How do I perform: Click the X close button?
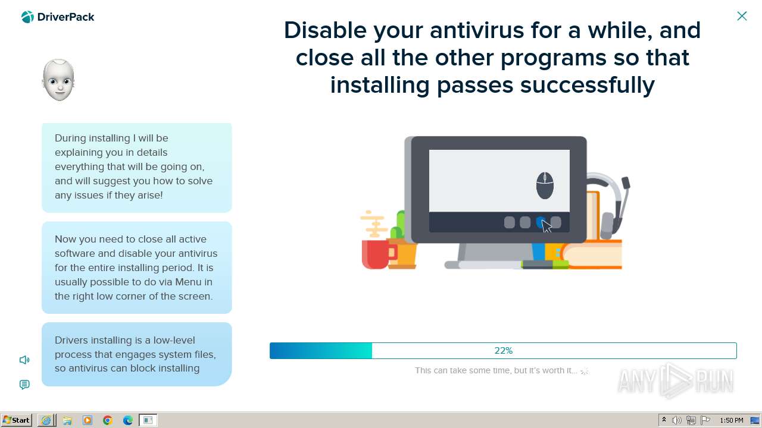click(742, 16)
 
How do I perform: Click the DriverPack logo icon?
click(27, 17)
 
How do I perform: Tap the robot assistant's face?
click(58, 80)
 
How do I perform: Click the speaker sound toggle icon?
click(24, 360)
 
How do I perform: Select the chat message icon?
click(24, 385)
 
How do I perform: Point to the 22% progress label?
click(504, 351)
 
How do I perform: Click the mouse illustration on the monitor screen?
click(545, 185)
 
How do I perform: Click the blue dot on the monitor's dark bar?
click(540, 222)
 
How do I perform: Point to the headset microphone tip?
click(626, 182)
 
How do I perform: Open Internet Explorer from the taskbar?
click(46, 420)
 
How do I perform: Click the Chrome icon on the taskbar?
click(108, 420)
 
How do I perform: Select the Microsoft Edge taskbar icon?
click(127, 420)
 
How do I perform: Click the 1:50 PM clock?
click(732, 420)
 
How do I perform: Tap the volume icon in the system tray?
click(676, 420)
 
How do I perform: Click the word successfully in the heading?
click(588, 85)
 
